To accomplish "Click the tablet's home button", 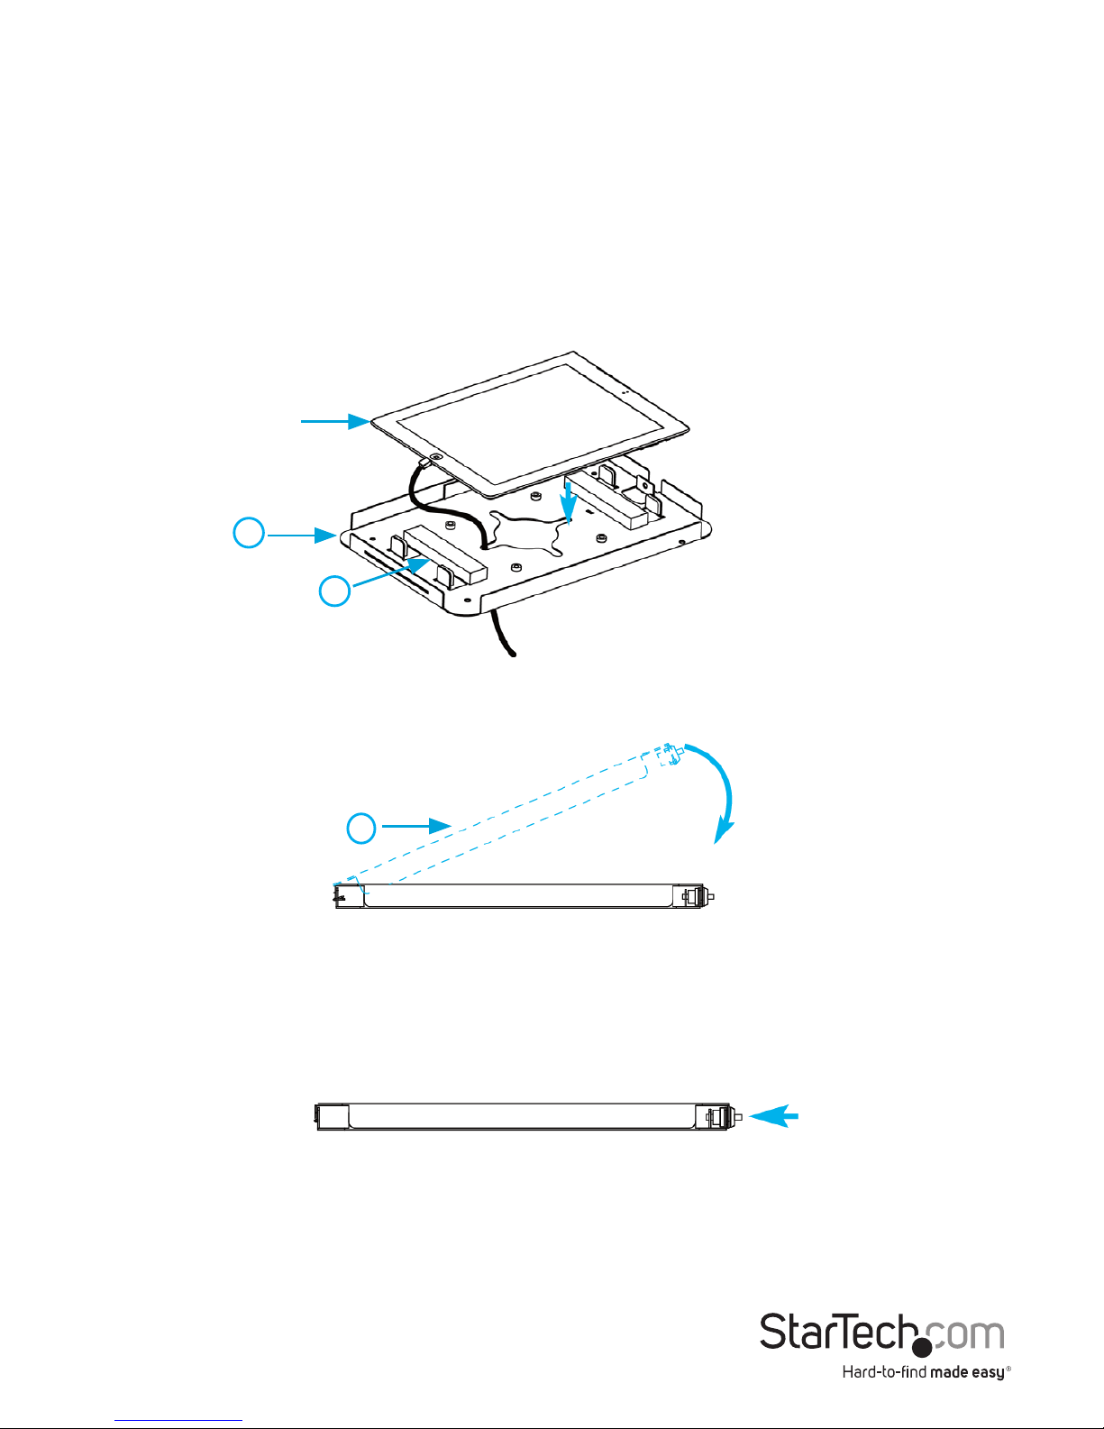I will [x=436, y=457].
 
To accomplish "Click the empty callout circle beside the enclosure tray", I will [x=249, y=532].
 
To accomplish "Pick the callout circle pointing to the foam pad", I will [x=334, y=591].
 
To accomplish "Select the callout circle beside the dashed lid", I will [x=361, y=828].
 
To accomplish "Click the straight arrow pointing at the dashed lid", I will [x=416, y=825].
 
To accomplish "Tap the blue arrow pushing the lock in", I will [x=774, y=1117].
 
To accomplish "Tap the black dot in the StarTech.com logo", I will [x=921, y=1347].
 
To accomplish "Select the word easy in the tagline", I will [x=988, y=1373].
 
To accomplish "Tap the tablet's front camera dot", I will [x=625, y=393].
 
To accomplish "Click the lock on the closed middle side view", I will [x=696, y=896].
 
